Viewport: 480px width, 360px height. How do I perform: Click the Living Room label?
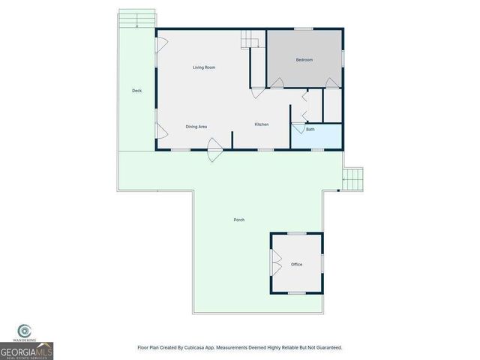tap(204, 68)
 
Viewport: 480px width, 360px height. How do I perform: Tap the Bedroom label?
tap(304, 60)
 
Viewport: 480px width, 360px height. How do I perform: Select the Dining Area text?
tap(196, 126)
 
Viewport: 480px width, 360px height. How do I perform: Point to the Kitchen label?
tap(261, 124)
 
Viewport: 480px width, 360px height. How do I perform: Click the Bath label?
tap(310, 130)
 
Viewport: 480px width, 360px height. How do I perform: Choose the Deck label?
tap(136, 91)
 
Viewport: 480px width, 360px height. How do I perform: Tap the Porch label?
tap(238, 220)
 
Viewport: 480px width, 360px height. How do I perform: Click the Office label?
tap(296, 265)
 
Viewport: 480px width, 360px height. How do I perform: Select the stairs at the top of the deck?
tap(137, 19)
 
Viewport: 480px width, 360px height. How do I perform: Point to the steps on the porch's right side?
tap(352, 178)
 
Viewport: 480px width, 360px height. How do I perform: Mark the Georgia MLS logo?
tap(26, 350)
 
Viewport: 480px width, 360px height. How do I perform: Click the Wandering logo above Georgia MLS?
tap(25, 331)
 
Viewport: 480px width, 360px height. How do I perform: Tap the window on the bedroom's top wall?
tap(303, 29)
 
